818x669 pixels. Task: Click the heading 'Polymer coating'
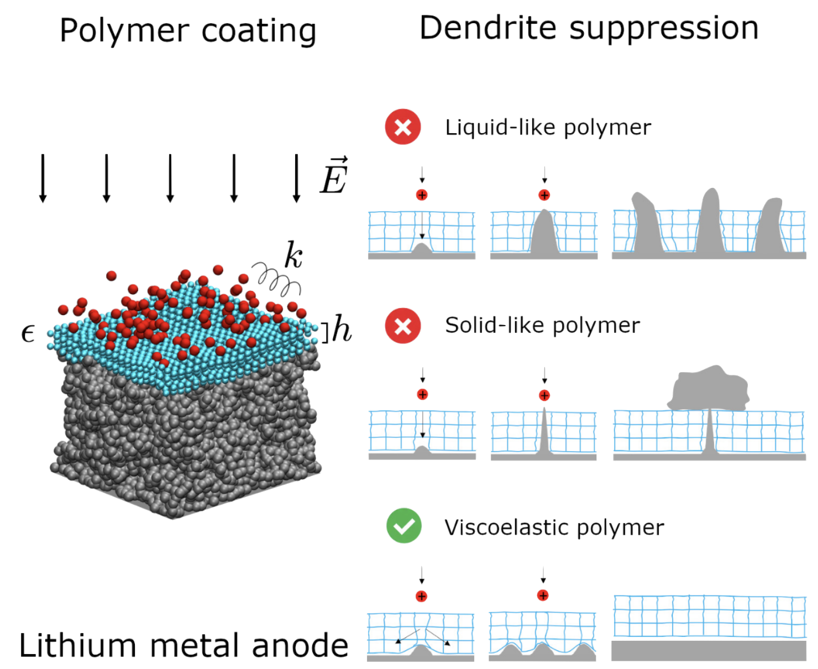188,31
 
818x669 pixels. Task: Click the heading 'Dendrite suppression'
589,29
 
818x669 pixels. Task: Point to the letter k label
293,255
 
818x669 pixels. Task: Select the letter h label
342,330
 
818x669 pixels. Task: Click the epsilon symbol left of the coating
28,333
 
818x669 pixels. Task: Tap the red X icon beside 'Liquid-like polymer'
403,127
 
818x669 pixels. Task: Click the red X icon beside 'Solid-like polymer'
403,326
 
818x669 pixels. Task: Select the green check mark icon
404,526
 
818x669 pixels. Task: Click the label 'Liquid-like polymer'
548,128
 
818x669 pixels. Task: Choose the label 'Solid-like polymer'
542,326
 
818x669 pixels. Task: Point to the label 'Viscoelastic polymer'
554,528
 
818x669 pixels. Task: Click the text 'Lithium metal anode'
184,646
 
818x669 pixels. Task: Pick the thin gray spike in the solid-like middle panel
544,434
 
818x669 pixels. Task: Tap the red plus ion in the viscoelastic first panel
422,596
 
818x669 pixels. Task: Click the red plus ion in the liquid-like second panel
544,195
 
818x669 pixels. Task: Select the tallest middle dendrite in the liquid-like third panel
710,224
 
